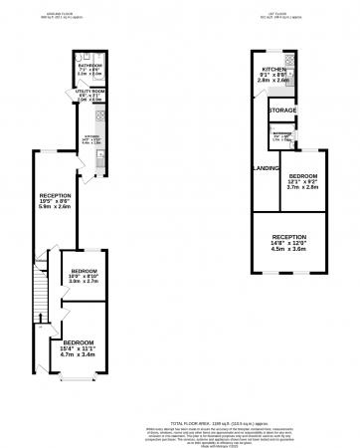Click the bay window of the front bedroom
(76, 380)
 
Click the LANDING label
(266, 167)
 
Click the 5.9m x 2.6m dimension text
(54, 207)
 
